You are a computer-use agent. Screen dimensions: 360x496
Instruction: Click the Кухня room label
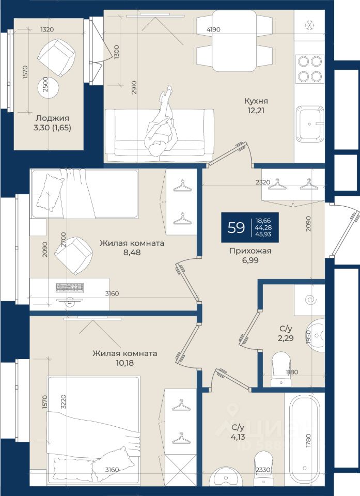pyautogui.click(x=256, y=101)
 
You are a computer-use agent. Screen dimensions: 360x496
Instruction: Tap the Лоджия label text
pyautogui.click(x=52, y=118)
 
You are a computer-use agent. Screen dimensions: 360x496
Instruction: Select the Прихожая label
pyautogui.click(x=250, y=251)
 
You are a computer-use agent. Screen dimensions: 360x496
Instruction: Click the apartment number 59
pyautogui.click(x=236, y=227)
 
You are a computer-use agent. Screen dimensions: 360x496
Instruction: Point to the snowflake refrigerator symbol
pyautogui.click(x=309, y=25)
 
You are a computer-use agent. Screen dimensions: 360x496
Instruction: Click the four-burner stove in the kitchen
pyautogui.click(x=310, y=68)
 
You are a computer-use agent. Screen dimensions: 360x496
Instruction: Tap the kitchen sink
pyautogui.click(x=310, y=124)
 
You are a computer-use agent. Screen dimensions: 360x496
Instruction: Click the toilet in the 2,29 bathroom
pyautogui.click(x=281, y=369)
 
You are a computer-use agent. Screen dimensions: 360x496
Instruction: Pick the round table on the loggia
pyautogui.click(x=49, y=87)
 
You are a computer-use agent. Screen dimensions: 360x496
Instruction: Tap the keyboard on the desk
pyautogui.click(x=70, y=287)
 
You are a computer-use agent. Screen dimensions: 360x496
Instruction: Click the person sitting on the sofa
pyautogui.click(x=161, y=125)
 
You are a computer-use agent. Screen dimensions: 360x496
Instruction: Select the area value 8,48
pyautogui.click(x=132, y=253)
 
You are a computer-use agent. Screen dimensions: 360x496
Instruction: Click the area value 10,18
pyautogui.click(x=124, y=363)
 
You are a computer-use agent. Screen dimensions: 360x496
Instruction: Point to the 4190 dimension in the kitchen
pyautogui.click(x=213, y=29)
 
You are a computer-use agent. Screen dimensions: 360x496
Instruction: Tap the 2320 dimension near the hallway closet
pyautogui.click(x=263, y=182)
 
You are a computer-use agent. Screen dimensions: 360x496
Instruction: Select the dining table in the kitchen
pyautogui.click(x=234, y=41)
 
